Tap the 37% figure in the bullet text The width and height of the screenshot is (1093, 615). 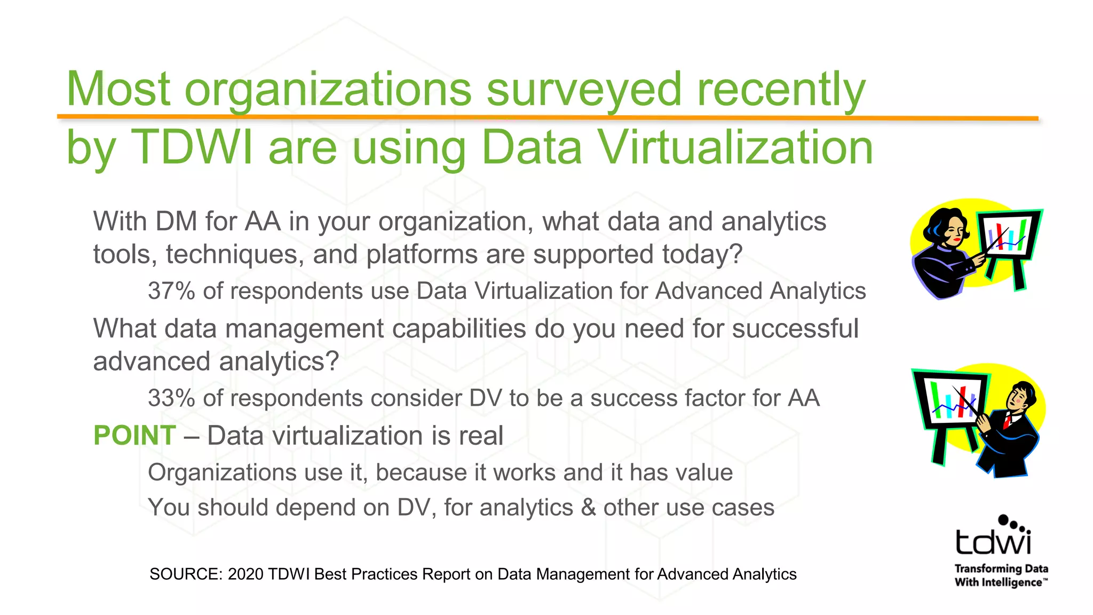[x=171, y=291]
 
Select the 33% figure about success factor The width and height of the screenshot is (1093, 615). [x=171, y=398]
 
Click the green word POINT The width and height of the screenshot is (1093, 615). [x=134, y=436]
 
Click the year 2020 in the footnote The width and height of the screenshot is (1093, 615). [x=245, y=574]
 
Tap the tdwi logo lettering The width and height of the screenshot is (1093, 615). [x=993, y=542]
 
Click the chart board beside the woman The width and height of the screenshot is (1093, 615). [x=1009, y=235]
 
